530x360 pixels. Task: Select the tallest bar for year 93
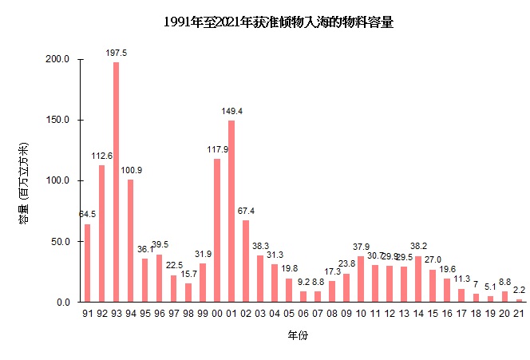pyautogui.click(x=117, y=182)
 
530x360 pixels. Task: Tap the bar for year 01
pyautogui.click(x=231, y=212)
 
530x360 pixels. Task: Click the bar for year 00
pyautogui.click(x=217, y=231)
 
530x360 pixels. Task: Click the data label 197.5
pyautogui.click(x=117, y=53)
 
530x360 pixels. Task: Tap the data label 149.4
pyautogui.click(x=231, y=111)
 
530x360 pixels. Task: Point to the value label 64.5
pyautogui.click(x=88, y=214)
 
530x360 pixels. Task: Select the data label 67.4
pyautogui.click(x=246, y=211)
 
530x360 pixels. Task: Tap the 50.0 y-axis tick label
pyautogui.click(x=63, y=242)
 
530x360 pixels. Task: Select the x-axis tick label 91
pyautogui.click(x=88, y=314)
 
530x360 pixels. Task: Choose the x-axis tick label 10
pyautogui.click(x=361, y=314)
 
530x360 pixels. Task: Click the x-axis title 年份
pyautogui.click(x=299, y=336)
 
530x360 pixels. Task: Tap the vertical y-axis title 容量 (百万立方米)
pyautogui.click(x=24, y=181)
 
